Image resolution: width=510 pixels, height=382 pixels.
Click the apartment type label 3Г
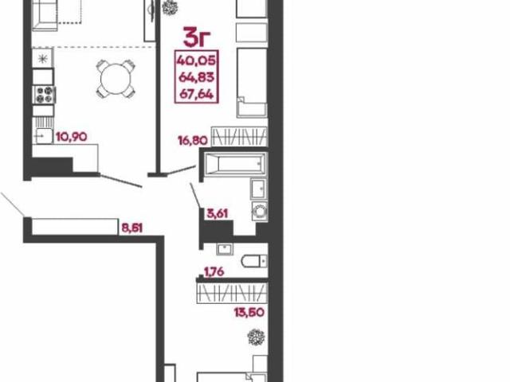coord(198,37)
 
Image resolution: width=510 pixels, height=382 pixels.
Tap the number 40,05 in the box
coord(196,60)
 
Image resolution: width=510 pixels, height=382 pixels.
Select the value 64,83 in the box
coord(196,77)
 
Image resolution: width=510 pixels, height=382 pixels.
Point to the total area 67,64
coord(196,95)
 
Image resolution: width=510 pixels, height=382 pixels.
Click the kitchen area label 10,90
coord(71,137)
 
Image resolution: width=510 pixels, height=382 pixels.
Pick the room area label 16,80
coord(192,141)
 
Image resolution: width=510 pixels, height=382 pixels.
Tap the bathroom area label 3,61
coord(218,214)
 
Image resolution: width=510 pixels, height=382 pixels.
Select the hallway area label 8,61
coord(131,228)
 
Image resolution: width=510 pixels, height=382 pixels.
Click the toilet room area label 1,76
coord(214,271)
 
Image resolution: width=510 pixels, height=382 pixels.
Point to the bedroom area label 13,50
coord(249,313)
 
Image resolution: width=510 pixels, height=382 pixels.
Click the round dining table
coord(115,79)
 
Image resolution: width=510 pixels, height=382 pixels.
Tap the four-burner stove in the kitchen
coord(44,95)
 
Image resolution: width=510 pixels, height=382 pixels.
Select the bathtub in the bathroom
coord(237,164)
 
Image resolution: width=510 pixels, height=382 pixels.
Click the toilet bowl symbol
coord(254,261)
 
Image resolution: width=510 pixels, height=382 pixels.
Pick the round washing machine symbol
coord(260,212)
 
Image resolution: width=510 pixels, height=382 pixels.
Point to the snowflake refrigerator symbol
coord(42,59)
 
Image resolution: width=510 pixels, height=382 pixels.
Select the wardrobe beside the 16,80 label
coord(239,136)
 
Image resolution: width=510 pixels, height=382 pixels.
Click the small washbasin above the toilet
coord(225,249)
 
